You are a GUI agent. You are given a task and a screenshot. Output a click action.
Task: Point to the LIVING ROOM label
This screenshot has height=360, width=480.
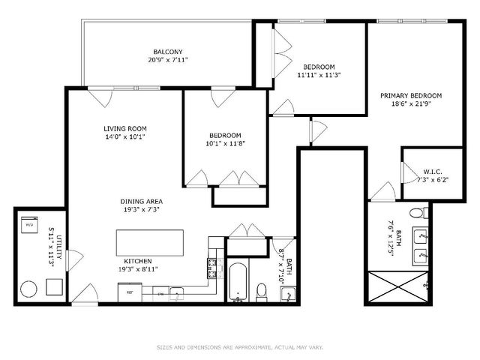[x=124, y=128]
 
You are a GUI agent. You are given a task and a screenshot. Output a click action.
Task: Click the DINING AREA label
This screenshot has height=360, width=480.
[x=142, y=202]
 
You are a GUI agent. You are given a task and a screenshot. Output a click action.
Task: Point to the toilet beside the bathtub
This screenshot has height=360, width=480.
[x=262, y=289]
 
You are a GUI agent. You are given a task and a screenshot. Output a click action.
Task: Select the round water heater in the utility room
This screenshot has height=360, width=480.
[x=29, y=288]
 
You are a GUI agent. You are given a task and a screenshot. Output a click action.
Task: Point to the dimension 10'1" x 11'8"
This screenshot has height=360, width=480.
[x=226, y=143]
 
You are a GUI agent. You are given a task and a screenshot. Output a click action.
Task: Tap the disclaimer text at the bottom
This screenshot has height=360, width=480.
[x=240, y=346]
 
